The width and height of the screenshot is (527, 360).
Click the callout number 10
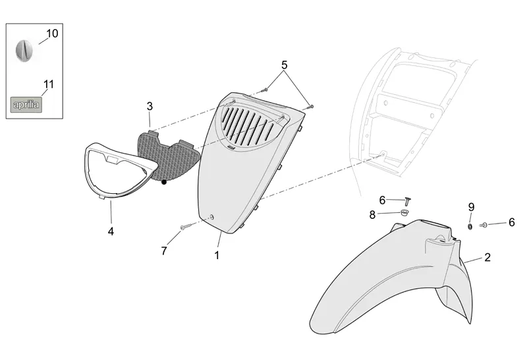52,33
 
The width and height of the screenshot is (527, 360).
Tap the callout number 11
48,84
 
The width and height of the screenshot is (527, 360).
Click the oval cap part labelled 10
24,50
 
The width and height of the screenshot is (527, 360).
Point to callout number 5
285,65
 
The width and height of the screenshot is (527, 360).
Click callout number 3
150,106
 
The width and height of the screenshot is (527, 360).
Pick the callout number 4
111,231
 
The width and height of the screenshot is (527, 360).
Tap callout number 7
165,251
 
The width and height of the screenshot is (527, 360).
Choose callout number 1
216,255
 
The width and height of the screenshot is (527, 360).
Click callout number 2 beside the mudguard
487,257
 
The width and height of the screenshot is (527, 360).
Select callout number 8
372,214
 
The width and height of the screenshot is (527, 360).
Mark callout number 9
471,207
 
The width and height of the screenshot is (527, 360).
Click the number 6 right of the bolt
511,223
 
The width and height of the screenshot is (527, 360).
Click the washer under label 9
470,226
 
